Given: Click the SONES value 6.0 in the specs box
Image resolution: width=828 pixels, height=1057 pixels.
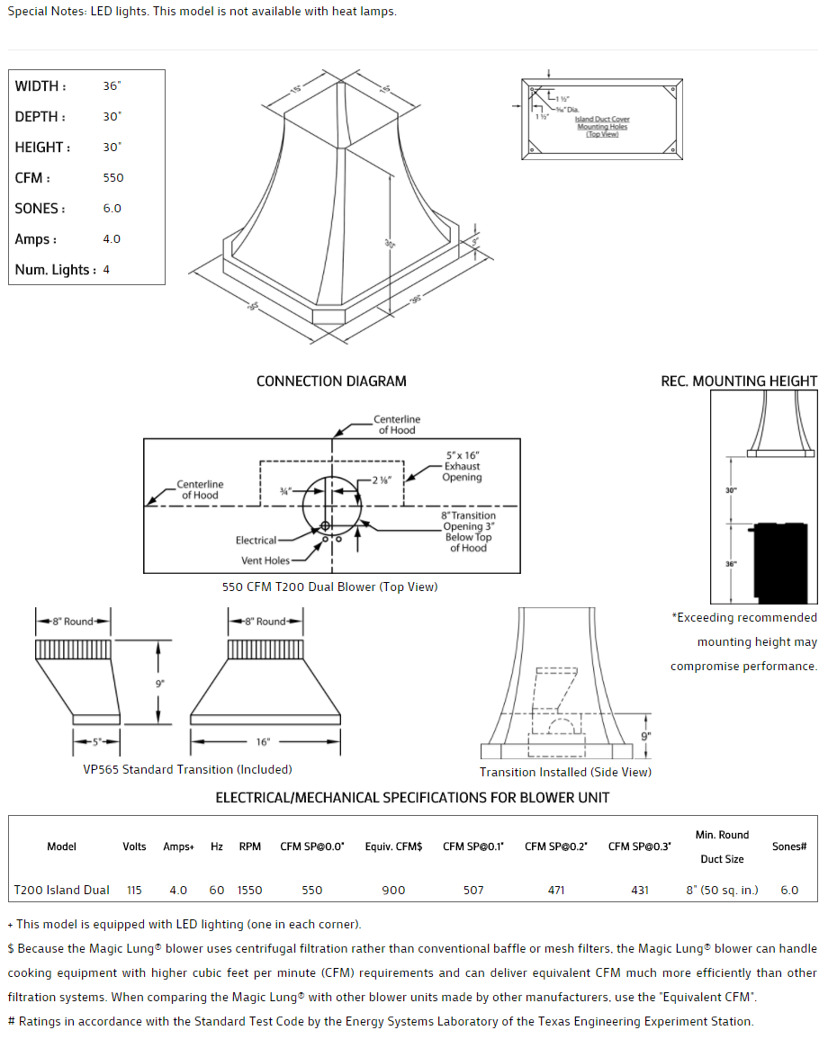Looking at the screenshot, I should point(112,209).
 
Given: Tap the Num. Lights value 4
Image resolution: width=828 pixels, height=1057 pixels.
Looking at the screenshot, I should point(106,270).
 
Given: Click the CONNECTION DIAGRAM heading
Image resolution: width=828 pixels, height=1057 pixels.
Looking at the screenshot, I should point(331,381).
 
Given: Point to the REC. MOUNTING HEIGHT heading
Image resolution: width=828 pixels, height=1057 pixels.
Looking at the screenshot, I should point(739,381).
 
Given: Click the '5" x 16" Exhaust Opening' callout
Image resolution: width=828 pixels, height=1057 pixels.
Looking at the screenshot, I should point(463,467).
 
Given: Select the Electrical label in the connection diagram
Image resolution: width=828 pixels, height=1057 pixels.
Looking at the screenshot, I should point(256,541).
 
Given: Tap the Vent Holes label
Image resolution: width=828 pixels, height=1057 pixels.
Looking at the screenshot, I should point(265,560).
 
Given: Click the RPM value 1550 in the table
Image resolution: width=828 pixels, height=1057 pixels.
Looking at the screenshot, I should point(250,890).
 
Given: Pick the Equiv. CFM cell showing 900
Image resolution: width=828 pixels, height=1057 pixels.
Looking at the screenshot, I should point(393,890).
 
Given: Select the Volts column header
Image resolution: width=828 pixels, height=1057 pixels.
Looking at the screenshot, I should point(134,846).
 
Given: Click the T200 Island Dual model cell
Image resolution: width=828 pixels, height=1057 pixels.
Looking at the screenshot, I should point(61,890).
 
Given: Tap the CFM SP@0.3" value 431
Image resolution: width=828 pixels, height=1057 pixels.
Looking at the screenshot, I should point(640,890).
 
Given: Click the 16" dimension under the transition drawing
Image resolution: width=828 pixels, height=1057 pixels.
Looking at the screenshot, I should point(263,742).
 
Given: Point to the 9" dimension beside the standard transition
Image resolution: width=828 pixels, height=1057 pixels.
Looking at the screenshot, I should point(159,683).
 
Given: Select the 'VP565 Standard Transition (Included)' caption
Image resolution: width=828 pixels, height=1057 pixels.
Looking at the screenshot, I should point(187,769).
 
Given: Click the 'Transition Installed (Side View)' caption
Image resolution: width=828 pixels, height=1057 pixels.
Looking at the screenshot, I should point(565,772).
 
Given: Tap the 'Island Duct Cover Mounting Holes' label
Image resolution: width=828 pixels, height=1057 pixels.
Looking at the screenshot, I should point(602,126).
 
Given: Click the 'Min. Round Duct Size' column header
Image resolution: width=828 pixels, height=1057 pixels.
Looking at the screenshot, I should point(722,846).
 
